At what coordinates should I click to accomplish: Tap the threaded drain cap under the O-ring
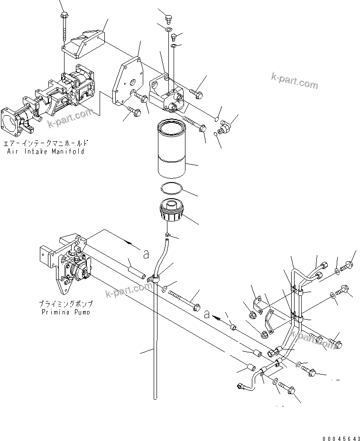coord(171,211)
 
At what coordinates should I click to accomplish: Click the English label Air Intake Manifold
coord(46,152)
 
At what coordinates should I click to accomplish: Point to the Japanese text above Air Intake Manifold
coord(46,143)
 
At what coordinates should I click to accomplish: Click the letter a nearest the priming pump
coord(146,254)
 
